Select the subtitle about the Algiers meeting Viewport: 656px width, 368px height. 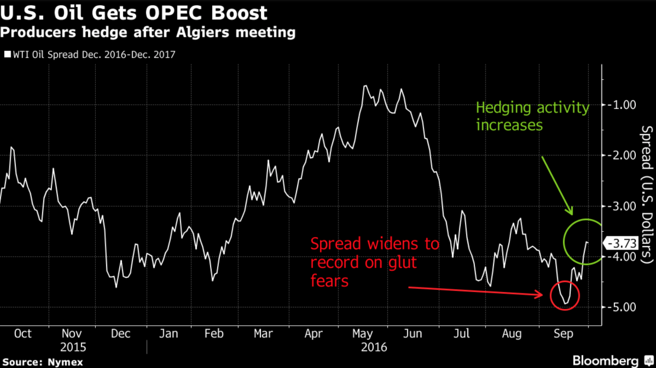pos(148,32)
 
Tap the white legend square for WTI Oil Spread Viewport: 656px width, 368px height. pos(7,54)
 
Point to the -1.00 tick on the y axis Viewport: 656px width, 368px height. pos(622,105)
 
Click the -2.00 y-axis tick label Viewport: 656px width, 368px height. pos(622,155)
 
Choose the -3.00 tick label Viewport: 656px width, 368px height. pos(622,206)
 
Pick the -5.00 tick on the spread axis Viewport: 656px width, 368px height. pos(622,307)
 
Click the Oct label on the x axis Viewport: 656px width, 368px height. pos(22,334)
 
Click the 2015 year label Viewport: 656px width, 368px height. pos(73,347)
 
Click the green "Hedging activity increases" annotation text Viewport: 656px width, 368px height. pos(532,117)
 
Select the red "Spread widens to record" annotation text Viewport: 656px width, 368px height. pos(375,262)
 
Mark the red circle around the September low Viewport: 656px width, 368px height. pos(564,295)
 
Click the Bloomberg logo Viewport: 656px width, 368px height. pos(606,360)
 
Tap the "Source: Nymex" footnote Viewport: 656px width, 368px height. pos(42,361)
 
